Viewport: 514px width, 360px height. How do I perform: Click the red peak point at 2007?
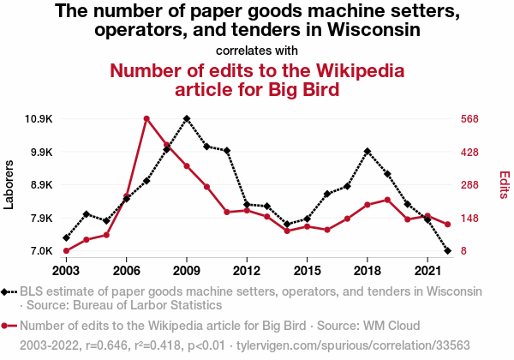point(146,118)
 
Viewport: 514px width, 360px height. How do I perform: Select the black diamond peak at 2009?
point(187,118)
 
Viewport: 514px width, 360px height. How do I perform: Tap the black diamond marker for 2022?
point(448,251)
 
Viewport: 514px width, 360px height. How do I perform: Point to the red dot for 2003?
point(66,251)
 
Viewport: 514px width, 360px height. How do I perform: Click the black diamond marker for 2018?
point(368,152)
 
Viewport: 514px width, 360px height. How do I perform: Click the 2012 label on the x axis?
point(247,270)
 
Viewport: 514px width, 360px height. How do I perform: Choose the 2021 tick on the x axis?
point(427,270)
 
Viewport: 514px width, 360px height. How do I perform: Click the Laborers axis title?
point(9,183)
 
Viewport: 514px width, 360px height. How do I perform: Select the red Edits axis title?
point(505,184)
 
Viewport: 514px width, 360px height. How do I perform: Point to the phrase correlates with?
point(257,50)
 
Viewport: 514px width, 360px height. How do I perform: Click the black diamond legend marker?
point(9,292)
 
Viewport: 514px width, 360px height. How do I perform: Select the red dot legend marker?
point(9,326)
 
